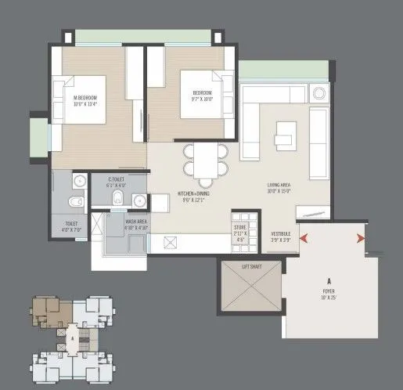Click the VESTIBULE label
click(282, 236)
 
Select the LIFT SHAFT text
click(252, 267)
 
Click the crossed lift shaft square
click(251, 293)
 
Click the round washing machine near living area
click(318, 94)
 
